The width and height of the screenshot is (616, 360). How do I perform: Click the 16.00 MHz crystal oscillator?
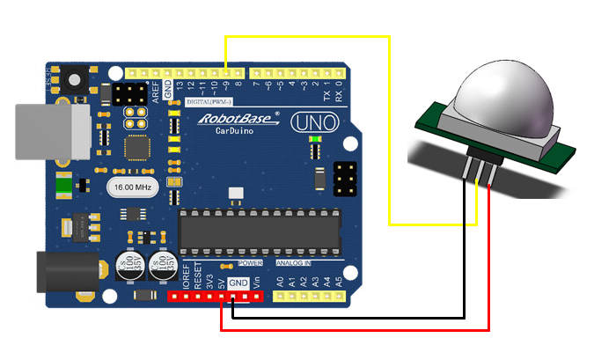tap(130, 187)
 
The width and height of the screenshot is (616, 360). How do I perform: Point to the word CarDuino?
tap(237, 130)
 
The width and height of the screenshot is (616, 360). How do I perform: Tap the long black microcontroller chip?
tap(259, 230)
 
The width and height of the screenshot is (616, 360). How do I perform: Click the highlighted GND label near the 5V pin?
tap(237, 283)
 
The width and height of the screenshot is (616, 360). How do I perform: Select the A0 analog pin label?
tap(280, 283)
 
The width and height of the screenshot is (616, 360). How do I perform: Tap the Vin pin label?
tap(256, 283)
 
